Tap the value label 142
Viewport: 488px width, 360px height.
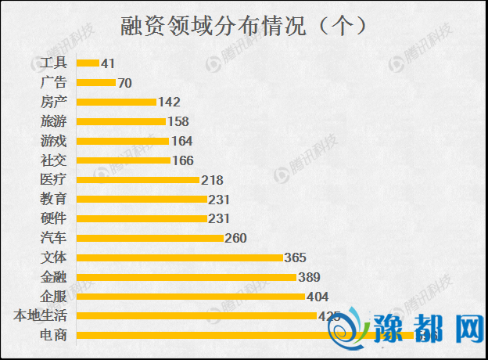(169, 102)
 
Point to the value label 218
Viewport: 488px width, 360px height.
(212, 180)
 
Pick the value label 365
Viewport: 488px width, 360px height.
(295, 257)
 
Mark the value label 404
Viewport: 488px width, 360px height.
(318, 297)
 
